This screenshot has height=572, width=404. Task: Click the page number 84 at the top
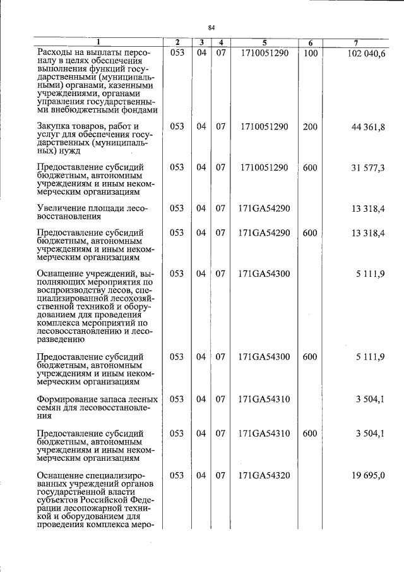(211, 27)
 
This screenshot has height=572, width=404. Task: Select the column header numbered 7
(356, 42)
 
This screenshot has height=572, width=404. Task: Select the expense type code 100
(310, 54)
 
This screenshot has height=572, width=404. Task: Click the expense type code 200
(310, 126)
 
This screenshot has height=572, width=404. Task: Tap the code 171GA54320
(264, 474)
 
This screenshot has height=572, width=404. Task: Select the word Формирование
(69, 399)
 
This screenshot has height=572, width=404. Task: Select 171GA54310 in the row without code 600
(264, 399)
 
